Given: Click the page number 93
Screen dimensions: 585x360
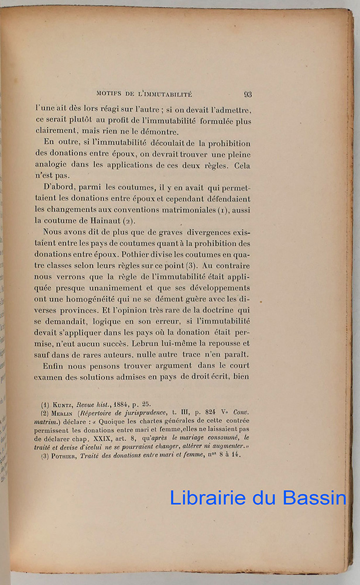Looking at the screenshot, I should [248, 94].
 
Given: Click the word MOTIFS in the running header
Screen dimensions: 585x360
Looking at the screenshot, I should [109, 94].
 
